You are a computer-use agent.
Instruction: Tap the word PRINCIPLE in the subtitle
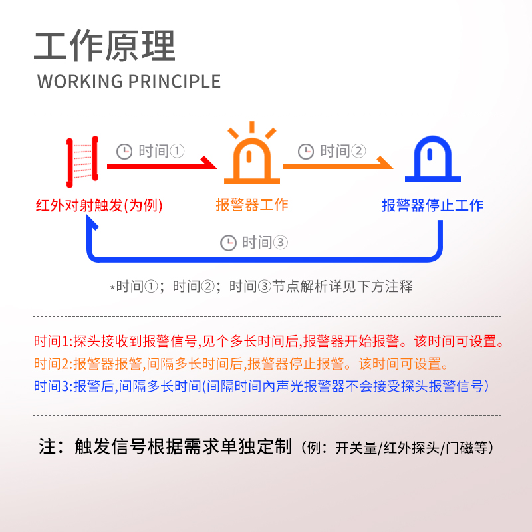[174, 82]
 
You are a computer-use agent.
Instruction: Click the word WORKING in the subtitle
[80, 82]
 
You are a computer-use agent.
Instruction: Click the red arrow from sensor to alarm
[160, 164]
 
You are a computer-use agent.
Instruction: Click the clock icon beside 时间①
[124, 152]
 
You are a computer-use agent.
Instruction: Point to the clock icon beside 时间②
[306, 152]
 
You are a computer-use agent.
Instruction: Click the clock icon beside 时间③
[228, 243]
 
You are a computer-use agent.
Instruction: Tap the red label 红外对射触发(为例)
[98, 205]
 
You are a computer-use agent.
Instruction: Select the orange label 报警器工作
[252, 205]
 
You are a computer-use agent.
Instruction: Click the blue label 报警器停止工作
[432, 205]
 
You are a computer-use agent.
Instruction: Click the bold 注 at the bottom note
[47, 446]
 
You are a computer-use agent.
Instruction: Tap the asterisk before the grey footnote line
[112, 288]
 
